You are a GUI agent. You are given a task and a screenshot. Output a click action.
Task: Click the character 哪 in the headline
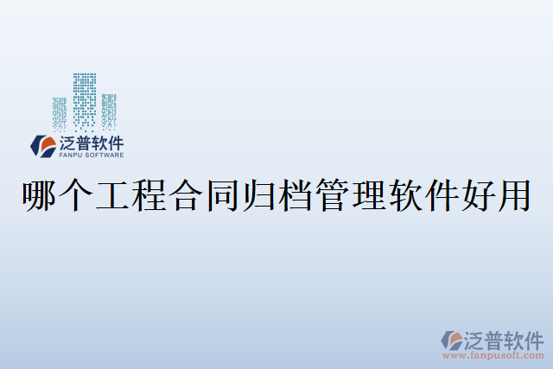(x=40, y=197)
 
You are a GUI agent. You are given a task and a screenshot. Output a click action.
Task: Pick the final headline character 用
(x=513, y=197)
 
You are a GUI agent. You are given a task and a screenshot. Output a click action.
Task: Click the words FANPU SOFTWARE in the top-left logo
(x=92, y=156)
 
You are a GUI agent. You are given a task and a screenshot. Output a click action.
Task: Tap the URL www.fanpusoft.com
(x=493, y=354)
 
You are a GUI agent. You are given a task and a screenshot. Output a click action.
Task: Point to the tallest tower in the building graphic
(x=85, y=99)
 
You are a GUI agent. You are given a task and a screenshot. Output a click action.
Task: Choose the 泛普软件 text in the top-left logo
(x=92, y=143)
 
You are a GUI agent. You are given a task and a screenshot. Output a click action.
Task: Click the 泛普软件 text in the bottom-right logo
(x=505, y=338)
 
